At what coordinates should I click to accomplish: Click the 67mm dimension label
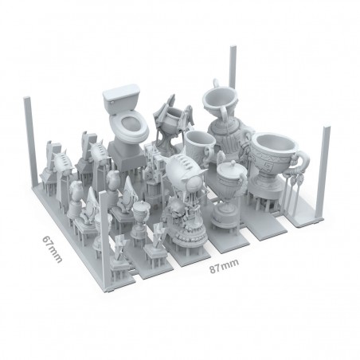coord(53,249)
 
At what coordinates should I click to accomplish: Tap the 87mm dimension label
coord(224,266)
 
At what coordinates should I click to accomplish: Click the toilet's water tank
coord(121,96)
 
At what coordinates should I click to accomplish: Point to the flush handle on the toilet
coord(111,101)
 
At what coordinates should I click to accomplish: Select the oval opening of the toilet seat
coord(131,123)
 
